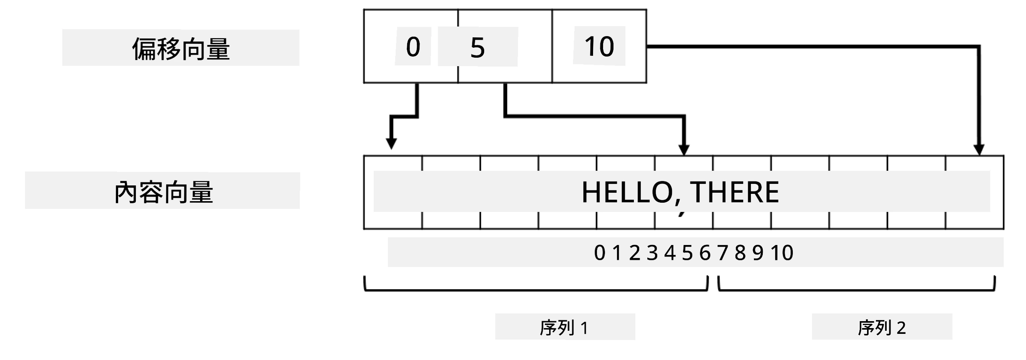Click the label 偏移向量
pos(181,48)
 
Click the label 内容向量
pos(164,192)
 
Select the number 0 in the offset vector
pos(413,47)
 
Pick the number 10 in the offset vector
pos(599,46)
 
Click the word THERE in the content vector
pos(734,192)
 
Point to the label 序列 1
pos(564,328)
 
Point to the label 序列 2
pos(882,328)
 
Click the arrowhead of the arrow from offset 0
pos(391,144)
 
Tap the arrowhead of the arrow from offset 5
pos(684,150)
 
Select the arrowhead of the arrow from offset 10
pos(979,150)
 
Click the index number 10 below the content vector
pos(782,253)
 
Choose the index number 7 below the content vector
pos(723,253)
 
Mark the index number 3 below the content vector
pos(652,253)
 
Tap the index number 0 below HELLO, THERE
pos(600,253)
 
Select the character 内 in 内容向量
pos(127,192)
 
